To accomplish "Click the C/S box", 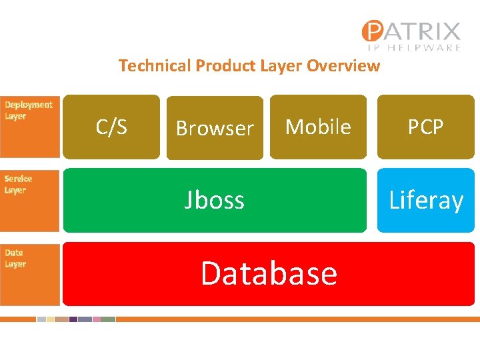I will tap(111, 127).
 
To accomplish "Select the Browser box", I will tap(215, 127).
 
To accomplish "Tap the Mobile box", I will tap(318, 127).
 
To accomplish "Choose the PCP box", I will tap(425, 127).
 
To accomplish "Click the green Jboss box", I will tap(214, 200).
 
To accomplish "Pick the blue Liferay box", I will tap(425, 200).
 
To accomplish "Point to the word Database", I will tap(269, 273).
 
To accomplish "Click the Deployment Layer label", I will tap(29, 111).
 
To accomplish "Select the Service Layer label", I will tap(18, 184).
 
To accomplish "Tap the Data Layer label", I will tap(15, 258).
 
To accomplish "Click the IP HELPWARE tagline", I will tap(414, 47).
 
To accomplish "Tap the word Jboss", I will tap(214, 200).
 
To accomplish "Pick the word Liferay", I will tap(425, 200).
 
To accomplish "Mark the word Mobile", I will tap(318, 127).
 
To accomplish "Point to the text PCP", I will tap(425, 127).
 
